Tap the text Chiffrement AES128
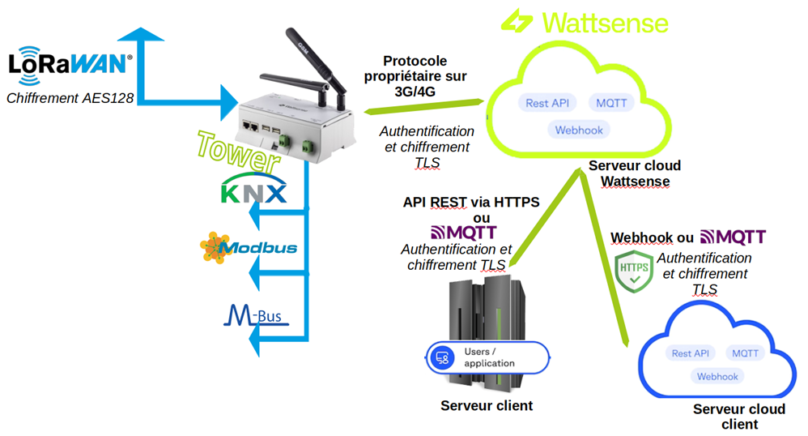click(x=70, y=99)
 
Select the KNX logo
click(x=253, y=190)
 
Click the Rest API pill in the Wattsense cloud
click(x=548, y=103)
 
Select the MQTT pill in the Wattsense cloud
click(x=610, y=103)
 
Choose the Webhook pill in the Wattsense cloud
click(x=579, y=130)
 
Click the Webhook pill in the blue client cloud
click(x=717, y=376)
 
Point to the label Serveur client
click(x=487, y=405)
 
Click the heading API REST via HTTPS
click(x=471, y=203)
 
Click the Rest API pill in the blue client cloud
click(x=691, y=353)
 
